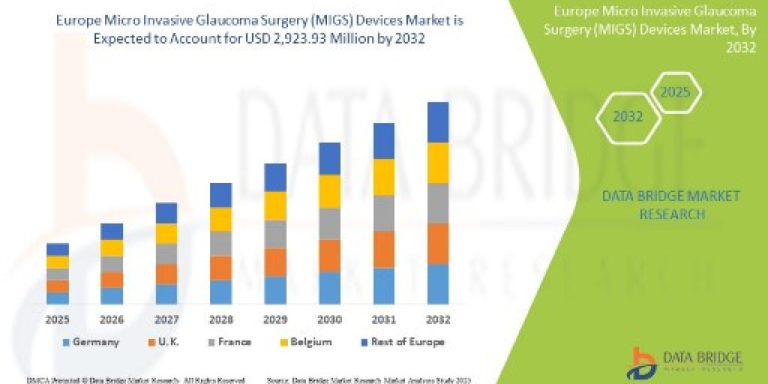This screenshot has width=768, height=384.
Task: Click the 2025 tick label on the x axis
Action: pos(57,319)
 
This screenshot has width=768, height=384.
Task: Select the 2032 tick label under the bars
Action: pos(438,319)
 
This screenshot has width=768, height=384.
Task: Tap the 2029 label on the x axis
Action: pos(275,319)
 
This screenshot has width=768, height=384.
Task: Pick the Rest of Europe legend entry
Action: pos(403,342)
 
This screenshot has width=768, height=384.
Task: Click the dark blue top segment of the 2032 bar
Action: pos(438,122)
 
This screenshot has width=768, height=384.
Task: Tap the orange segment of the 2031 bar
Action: pos(383,249)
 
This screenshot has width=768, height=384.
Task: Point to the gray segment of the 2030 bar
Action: pos(329,223)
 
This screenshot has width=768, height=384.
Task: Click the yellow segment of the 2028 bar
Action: pos(220,219)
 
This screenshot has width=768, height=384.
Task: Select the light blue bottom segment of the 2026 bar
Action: pos(111,296)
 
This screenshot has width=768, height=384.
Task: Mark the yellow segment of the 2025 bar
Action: pos(58,262)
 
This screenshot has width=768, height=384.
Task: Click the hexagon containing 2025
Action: pos(675,93)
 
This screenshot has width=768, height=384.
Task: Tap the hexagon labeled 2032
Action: pos(628,117)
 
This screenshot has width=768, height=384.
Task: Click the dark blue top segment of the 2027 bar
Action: pos(166,213)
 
